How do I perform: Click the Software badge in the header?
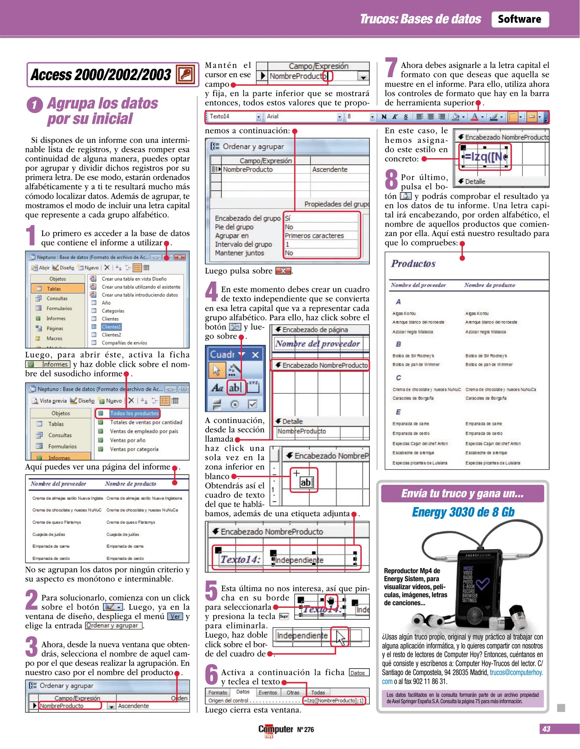pos(519,19)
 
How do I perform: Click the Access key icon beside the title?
pos(185,74)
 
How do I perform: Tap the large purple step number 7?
pos(391,68)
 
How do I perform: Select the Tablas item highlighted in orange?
pos(58,289)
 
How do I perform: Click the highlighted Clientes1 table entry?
pos(111,327)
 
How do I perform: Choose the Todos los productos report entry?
pos(134,413)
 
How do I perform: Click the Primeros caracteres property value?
pos(314,236)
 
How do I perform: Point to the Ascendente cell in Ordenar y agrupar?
pos(329,170)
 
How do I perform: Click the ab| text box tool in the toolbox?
pos(235,387)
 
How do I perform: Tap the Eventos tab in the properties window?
pos(268,692)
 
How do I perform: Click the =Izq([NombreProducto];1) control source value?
pos(334,700)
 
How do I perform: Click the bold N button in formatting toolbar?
pos(384,117)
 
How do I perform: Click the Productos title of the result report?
pos(413,264)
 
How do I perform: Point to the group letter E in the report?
pos(398,412)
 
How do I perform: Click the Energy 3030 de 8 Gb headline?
pos(463,512)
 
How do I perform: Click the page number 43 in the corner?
pos(546,729)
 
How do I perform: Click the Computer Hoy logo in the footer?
pos(276,730)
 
